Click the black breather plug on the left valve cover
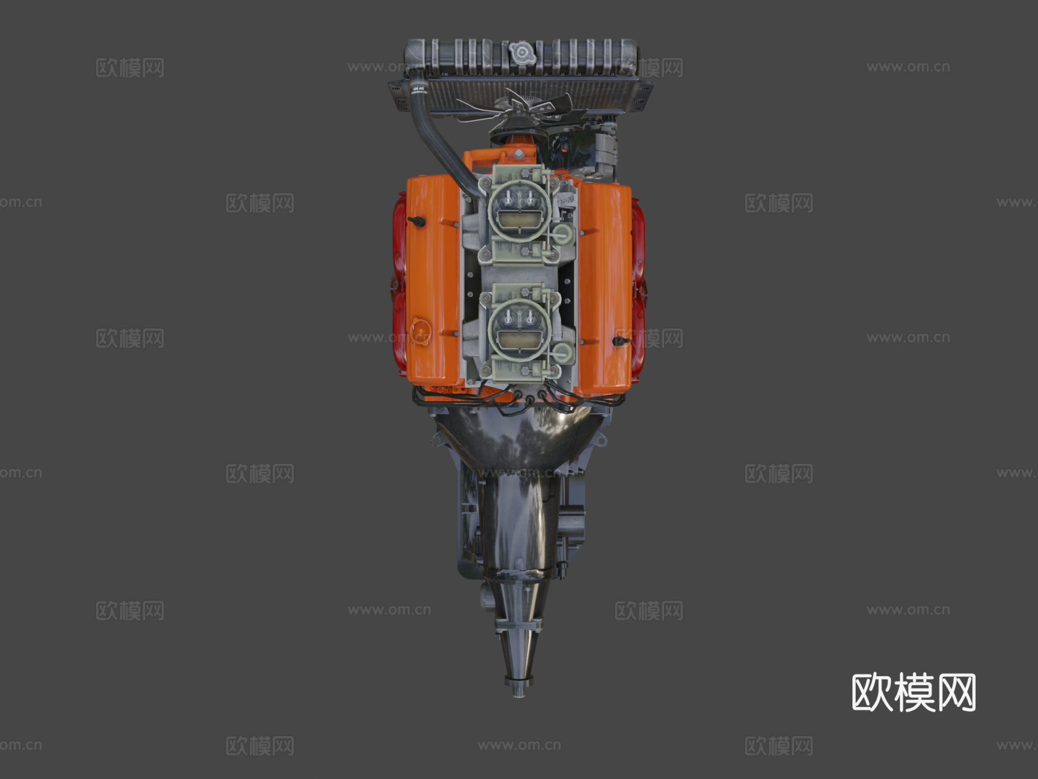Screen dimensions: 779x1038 coord(416,222)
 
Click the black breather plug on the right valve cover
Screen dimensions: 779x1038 coord(620,341)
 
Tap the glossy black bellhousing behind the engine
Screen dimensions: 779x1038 coord(519,439)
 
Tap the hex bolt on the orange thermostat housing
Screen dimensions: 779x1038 coord(519,154)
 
